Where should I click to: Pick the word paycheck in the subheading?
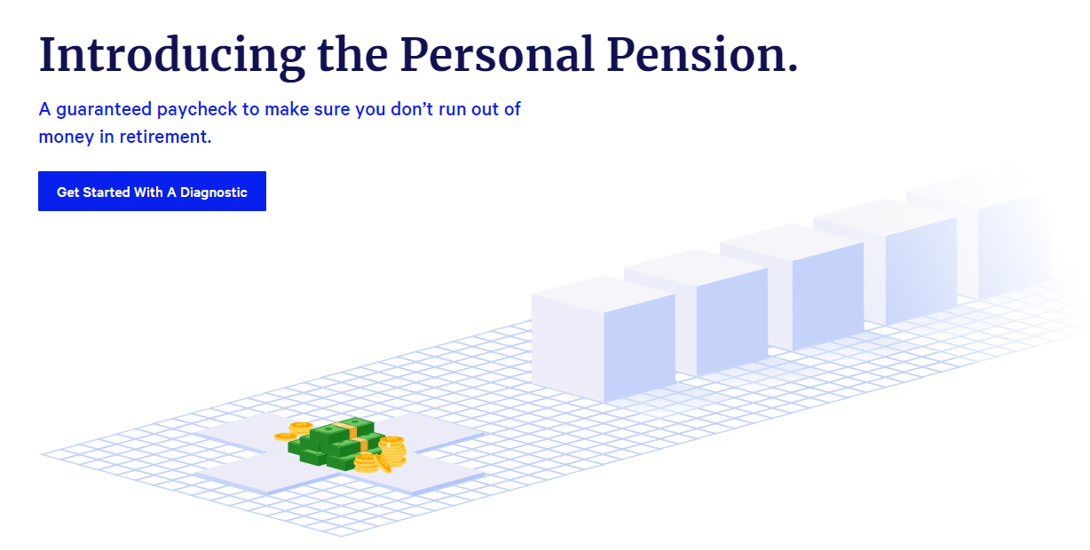click(194, 110)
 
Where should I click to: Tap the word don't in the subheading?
click(387, 109)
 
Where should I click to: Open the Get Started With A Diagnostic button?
click(152, 192)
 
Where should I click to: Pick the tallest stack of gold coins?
click(392, 448)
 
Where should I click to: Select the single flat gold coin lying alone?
click(285, 436)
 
